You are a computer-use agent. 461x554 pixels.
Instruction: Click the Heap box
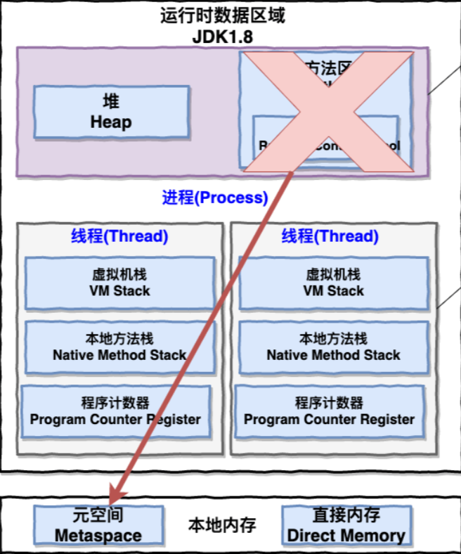click(112, 112)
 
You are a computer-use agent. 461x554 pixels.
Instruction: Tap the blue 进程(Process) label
click(215, 198)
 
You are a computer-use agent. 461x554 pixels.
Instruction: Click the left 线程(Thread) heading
click(119, 236)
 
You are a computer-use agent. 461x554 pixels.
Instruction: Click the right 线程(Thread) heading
click(330, 236)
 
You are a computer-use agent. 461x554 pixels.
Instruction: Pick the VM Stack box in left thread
click(119, 283)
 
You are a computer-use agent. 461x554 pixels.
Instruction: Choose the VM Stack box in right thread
click(333, 283)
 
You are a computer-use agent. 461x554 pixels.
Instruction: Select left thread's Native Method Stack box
click(119, 347)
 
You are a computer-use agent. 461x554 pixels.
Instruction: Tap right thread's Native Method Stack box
click(333, 347)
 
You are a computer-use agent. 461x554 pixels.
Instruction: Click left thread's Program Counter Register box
click(115, 411)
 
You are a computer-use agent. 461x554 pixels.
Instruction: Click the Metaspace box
click(98, 525)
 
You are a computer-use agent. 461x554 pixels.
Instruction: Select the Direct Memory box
click(346, 525)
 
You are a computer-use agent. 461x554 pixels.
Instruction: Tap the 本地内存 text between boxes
click(222, 524)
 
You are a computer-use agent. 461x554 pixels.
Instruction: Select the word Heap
click(111, 122)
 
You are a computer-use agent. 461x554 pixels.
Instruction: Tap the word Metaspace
click(98, 536)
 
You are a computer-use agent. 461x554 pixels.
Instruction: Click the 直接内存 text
click(346, 515)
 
